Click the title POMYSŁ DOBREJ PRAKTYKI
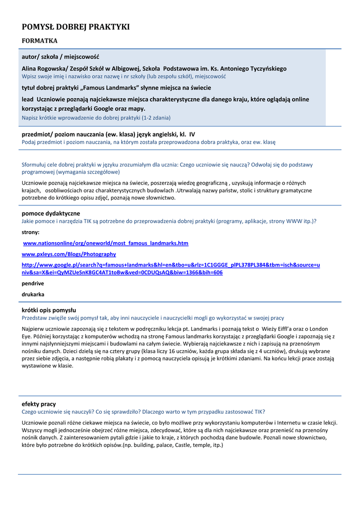click(x=75, y=27)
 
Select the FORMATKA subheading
click(x=39, y=41)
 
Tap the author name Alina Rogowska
click(x=42, y=68)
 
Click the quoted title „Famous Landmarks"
click(x=103, y=87)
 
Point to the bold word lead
click(x=28, y=99)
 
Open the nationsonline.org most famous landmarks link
click(x=106, y=243)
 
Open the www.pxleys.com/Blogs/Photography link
click(x=69, y=254)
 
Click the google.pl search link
click(x=171, y=268)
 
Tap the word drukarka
click(x=33, y=294)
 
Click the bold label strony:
click(x=30, y=232)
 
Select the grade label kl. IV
click(x=186, y=134)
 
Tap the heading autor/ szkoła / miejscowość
click(x=64, y=57)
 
